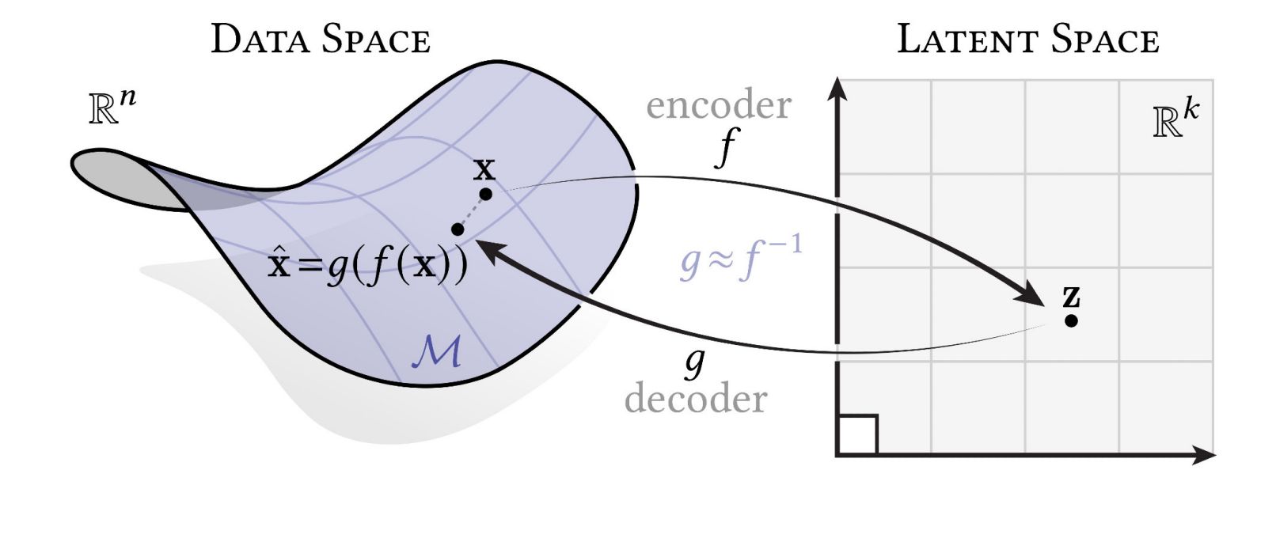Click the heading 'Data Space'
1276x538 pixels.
pos(321,40)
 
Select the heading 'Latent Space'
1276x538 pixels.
pos(1027,40)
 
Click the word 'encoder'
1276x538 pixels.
pos(718,106)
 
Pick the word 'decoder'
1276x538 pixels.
pos(696,399)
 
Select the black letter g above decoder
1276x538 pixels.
pos(694,362)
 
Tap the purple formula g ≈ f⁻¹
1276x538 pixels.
pos(740,260)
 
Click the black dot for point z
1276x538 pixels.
pos(1071,321)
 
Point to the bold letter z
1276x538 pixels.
pos(1071,297)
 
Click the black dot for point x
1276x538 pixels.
pos(486,194)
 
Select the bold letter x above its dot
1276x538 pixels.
pos(484,169)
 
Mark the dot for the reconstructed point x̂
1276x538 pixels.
pos(457,229)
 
